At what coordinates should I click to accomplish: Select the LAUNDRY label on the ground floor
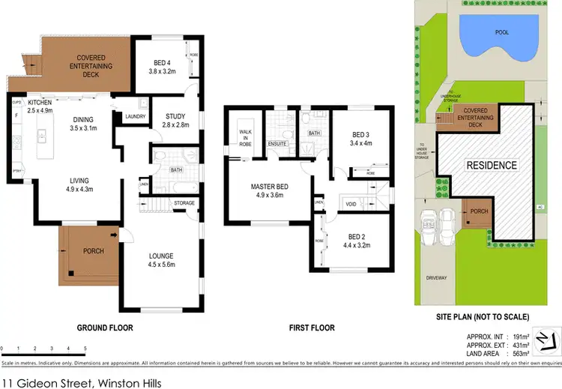[x=136, y=116]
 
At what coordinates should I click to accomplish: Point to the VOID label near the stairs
[x=351, y=203]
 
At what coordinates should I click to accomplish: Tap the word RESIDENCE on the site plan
[x=492, y=165]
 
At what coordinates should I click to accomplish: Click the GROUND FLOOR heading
[x=106, y=328]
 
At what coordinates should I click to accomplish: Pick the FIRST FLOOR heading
[x=312, y=328]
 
